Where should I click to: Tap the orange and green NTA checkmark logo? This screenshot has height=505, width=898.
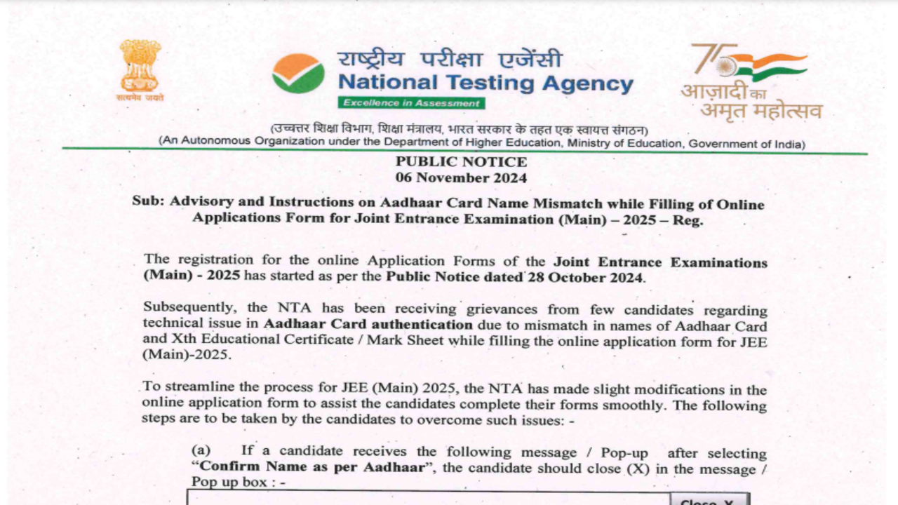298,74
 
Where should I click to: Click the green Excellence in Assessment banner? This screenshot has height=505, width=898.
411,103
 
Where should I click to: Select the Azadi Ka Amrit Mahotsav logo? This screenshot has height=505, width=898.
751,81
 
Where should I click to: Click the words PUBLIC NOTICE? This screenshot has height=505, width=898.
461,162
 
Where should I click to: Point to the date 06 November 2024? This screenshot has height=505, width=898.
461,178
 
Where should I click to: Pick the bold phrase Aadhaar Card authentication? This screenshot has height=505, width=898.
368,325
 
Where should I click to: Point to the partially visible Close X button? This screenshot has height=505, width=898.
709,499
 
